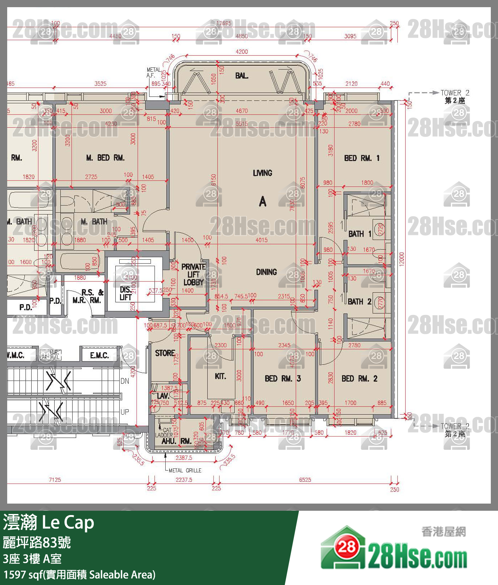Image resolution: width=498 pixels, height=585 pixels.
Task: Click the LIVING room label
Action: click(262, 173)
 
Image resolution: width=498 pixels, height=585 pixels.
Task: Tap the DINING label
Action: click(266, 272)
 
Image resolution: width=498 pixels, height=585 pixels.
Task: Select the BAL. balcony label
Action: click(241, 75)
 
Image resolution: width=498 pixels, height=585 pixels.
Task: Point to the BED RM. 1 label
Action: click(361, 158)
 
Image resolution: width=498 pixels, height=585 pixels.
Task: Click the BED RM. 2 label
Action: click(359, 378)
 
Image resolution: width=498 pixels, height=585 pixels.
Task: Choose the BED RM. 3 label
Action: click(283, 378)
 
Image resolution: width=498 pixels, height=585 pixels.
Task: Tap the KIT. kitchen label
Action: click(220, 376)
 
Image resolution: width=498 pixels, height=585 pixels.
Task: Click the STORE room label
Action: click(165, 353)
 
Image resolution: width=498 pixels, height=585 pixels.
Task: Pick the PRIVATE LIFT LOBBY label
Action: click(193, 274)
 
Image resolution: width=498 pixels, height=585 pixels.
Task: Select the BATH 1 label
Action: click(360, 234)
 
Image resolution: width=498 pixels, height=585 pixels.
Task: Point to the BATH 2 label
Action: click(359, 302)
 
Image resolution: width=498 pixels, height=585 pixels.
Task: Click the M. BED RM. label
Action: click(105, 158)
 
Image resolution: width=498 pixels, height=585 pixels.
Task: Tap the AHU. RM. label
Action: click(176, 441)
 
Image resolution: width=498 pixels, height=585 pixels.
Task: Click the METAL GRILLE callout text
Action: click(185, 470)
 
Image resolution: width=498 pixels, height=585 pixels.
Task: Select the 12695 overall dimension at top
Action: click(224, 23)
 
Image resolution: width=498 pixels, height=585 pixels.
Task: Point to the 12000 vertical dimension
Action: click(402, 259)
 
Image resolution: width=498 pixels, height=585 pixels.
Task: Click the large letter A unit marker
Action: click(263, 202)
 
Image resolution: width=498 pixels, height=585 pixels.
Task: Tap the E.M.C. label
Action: click(99, 355)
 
